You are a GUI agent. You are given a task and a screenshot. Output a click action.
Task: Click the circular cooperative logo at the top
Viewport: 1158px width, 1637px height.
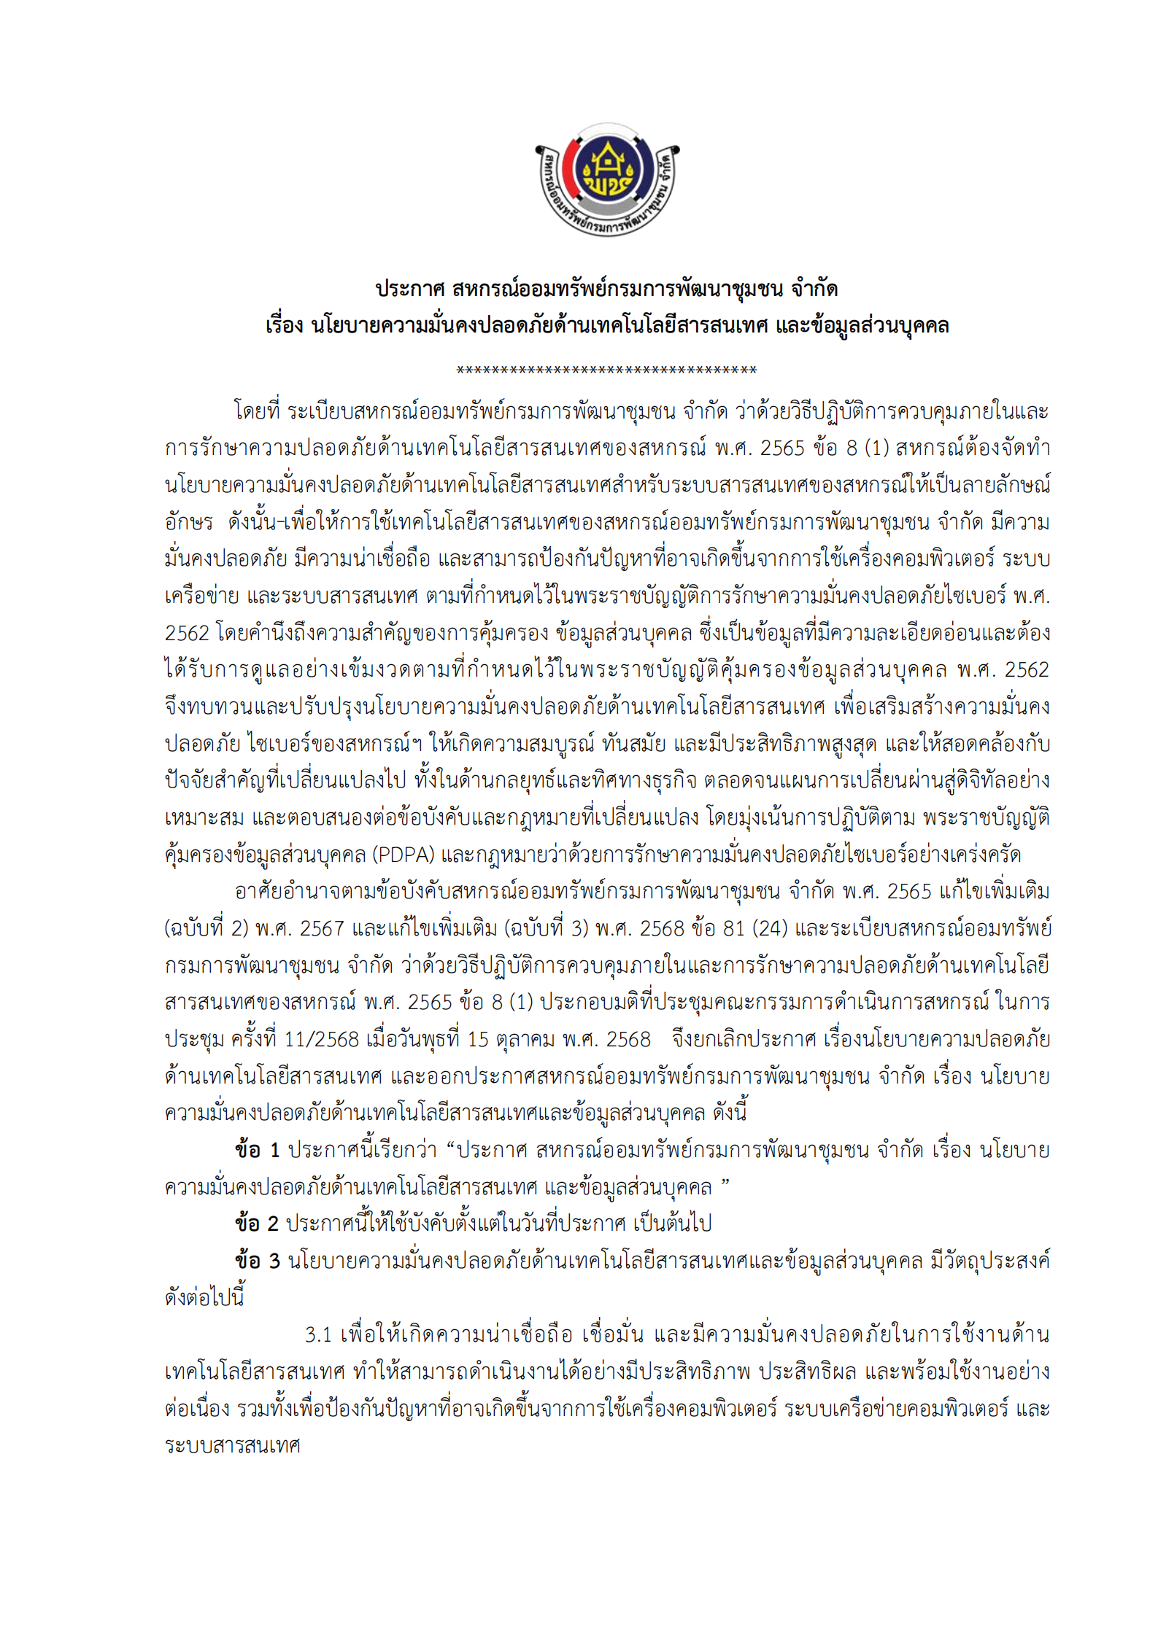(x=607, y=179)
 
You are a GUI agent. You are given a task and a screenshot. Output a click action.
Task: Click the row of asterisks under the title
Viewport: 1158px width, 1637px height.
(x=606, y=370)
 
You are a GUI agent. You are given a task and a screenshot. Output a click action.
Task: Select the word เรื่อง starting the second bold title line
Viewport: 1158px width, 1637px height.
(x=285, y=325)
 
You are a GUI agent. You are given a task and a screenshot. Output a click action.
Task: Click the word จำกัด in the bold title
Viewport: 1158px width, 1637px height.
(x=814, y=289)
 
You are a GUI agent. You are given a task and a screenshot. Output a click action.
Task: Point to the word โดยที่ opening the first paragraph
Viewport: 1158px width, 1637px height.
(x=257, y=412)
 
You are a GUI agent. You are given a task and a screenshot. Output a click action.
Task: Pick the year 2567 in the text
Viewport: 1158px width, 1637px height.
(x=322, y=928)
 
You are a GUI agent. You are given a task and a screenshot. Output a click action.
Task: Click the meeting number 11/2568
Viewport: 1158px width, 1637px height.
(x=321, y=1039)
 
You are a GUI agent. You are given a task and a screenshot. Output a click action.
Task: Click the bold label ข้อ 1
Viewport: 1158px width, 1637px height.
(x=258, y=1150)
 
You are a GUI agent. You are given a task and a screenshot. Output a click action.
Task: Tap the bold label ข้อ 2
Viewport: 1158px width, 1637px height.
(x=257, y=1224)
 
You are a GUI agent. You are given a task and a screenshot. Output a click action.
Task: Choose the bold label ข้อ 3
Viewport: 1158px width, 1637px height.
(x=258, y=1260)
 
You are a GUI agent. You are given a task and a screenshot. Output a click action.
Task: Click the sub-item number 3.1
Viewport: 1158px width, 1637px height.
(x=318, y=1334)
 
